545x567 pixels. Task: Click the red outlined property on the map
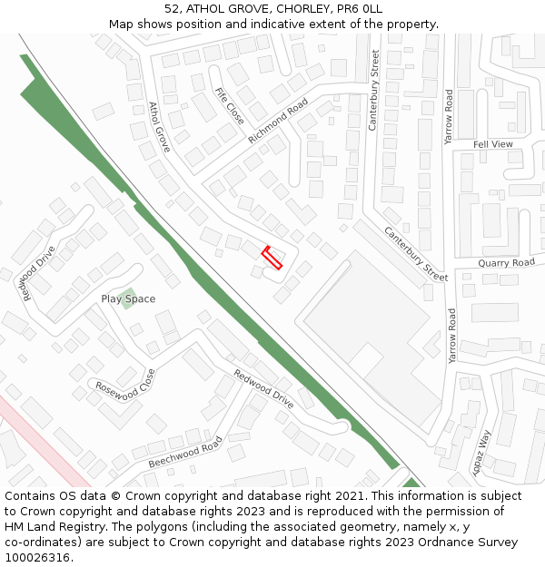[272, 257]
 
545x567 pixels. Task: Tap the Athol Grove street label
[159, 126]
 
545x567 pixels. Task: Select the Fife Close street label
[229, 106]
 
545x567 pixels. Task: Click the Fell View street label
[493, 144]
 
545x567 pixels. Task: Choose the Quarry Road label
[507, 263]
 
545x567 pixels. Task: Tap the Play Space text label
[128, 298]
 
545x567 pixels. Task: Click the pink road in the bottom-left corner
[41, 435]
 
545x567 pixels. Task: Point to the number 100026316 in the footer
[37, 557]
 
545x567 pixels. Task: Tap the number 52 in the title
[172, 9]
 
